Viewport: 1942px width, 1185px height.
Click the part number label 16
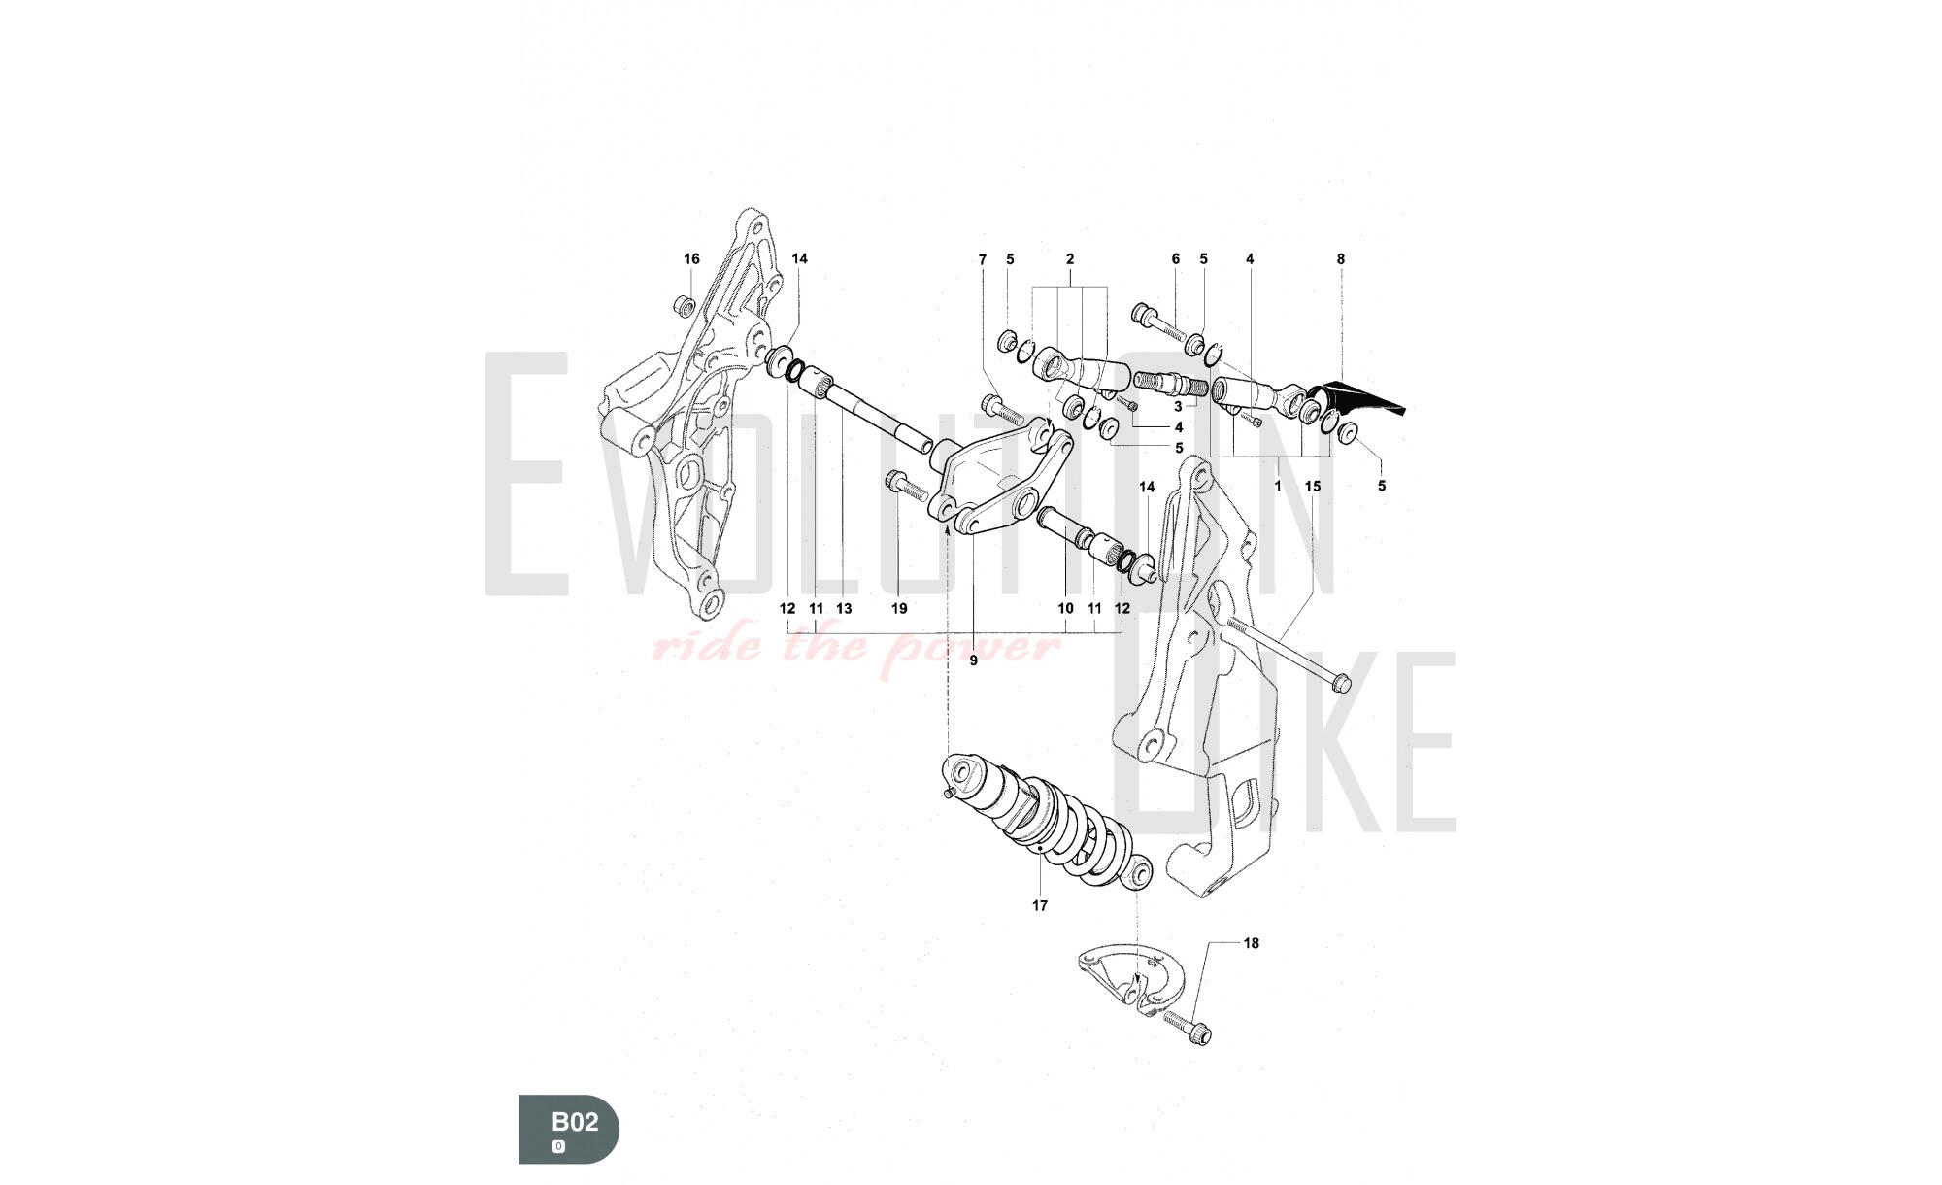691,258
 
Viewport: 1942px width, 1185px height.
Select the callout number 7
982,259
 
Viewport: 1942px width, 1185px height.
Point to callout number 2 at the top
1070,259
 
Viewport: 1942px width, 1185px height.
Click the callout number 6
1175,259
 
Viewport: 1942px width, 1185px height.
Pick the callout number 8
1341,259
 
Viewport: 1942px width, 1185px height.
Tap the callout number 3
1178,407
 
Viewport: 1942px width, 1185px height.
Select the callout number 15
1313,486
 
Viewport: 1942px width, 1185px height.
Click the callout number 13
844,608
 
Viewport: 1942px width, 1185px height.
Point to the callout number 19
899,608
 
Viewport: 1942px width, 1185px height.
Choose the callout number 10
1065,608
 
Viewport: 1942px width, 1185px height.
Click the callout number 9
973,661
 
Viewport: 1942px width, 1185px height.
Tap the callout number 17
1040,905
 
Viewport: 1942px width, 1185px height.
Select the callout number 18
1252,943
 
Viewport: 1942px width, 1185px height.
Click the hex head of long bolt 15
1341,684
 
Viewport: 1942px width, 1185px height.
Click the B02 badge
568,1129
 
